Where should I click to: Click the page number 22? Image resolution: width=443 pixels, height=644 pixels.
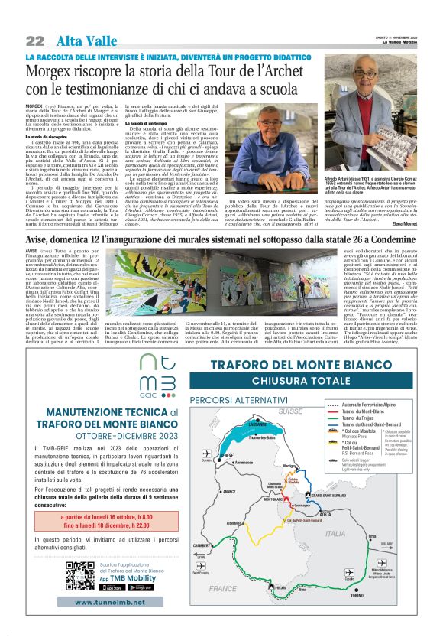(x=34, y=41)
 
